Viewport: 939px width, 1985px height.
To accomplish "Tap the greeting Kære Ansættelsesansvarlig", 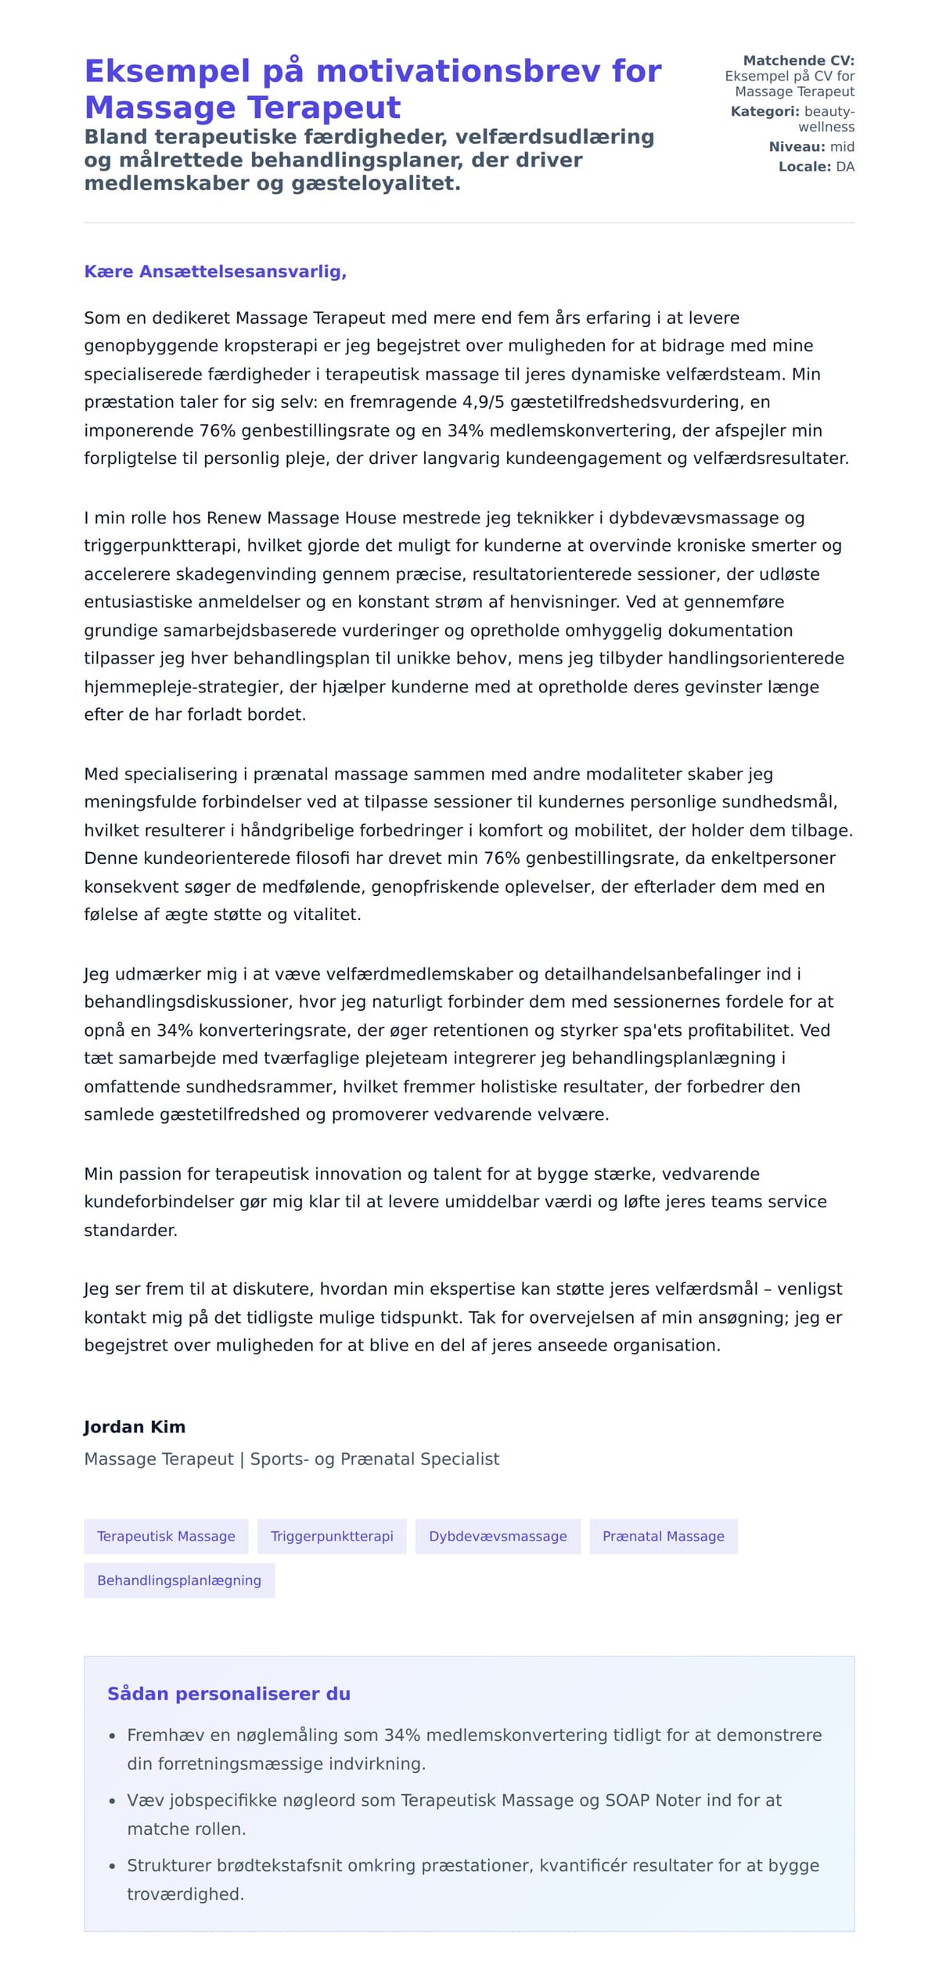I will click(215, 271).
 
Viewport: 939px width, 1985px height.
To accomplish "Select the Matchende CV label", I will click(798, 60).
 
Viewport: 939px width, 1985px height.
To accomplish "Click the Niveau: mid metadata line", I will click(811, 147).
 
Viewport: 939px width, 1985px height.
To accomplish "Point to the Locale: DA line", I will click(816, 167).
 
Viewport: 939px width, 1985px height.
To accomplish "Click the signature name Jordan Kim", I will click(135, 1426).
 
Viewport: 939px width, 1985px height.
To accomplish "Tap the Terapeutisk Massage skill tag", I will click(166, 1536).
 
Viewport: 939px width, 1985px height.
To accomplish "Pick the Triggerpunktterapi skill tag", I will click(332, 1536).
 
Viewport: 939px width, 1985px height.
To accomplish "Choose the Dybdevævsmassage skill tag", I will click(498, 1536).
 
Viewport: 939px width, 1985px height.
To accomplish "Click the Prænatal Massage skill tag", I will click(664, 1536).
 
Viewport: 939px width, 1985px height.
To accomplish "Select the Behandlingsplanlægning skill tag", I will click(179, 1580).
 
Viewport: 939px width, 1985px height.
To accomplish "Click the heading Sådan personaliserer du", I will click(228, 1694).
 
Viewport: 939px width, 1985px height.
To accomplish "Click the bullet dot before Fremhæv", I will click(113, 1736).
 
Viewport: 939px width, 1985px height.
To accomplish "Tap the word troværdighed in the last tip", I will click(185, 1894).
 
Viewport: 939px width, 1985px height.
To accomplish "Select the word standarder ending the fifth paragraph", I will click(130, 1230).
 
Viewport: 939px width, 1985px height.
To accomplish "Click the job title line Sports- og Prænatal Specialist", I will click(374, 1458).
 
